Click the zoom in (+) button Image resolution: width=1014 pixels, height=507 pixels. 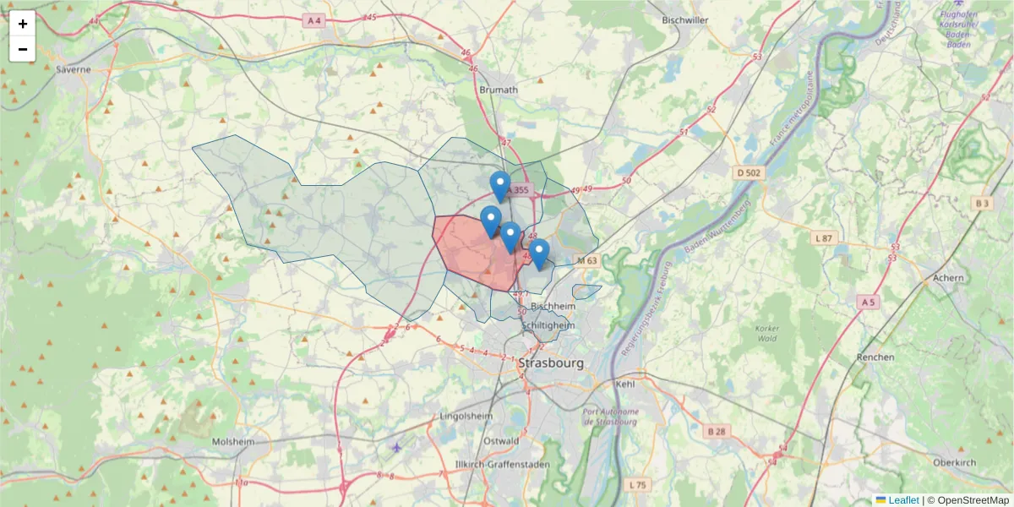tap(23, 24)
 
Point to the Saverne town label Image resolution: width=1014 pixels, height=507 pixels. tap(73, 69)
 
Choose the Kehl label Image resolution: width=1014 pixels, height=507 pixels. tap(625, 384)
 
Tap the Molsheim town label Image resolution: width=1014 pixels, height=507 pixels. tap(233, 442)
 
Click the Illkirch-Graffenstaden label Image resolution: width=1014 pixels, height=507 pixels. tap(502, 465)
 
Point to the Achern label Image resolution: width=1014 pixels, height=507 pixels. tap(949, 277)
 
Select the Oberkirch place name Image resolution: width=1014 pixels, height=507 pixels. tap(955, 462)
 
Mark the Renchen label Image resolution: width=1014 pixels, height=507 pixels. tap(875, 357)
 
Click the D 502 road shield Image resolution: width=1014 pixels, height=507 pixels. tap(749, 173)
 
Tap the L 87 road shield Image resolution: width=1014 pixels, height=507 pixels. tap(824, 239)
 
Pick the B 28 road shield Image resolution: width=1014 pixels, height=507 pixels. tap(715, 432)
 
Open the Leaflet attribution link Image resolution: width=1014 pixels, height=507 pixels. tap(902, 500)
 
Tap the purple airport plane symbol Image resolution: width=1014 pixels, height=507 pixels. tap(397, 446)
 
